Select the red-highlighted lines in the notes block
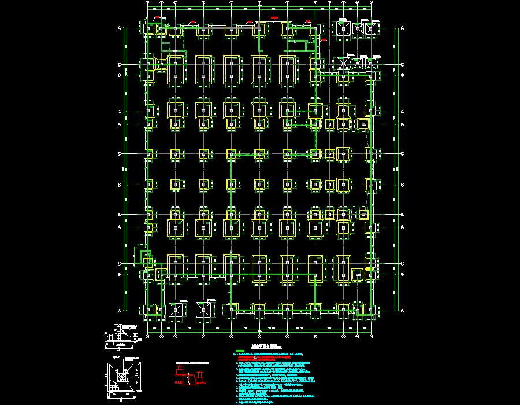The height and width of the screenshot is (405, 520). point(266,358)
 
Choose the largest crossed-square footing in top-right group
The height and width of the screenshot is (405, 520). point(343,28)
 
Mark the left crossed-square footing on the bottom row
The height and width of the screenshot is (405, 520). point(176,310)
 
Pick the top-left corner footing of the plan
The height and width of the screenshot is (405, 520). point(149,28)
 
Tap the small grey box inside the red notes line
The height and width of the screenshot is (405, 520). point(255,359)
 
